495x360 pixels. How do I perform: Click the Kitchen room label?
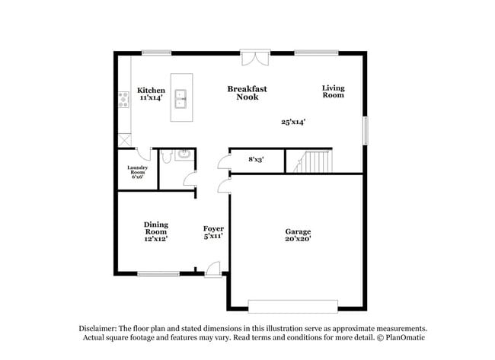click(151, 91)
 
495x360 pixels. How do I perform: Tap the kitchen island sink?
click(181, 97)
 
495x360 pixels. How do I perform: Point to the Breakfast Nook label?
click(247, 93)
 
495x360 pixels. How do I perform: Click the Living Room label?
click(333, 91)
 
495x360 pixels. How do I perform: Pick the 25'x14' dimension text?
click(293, 122)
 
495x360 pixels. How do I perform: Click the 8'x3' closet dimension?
click(256, 160)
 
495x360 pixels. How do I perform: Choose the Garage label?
click(298, 231)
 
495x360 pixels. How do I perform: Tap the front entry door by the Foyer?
click(213, 269)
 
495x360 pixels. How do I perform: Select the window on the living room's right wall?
click(366, 130)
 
